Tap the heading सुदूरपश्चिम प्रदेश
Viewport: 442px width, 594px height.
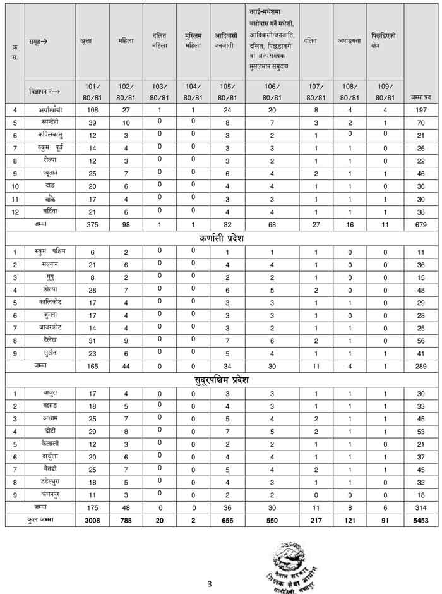tap(221, 380)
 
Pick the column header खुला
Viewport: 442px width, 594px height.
tap(87, 40)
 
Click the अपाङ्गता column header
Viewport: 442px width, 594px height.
tap(350, 40)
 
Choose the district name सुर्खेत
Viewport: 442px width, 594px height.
tap(49, 353)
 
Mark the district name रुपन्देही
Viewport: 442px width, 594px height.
tap(49, 122)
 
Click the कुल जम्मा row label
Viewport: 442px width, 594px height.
tap(40, 520)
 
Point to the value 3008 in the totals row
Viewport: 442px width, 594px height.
tap(92, 520)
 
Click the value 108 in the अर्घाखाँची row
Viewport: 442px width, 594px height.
tap(92, 109)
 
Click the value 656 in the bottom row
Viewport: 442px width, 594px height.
tap(227, 520)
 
